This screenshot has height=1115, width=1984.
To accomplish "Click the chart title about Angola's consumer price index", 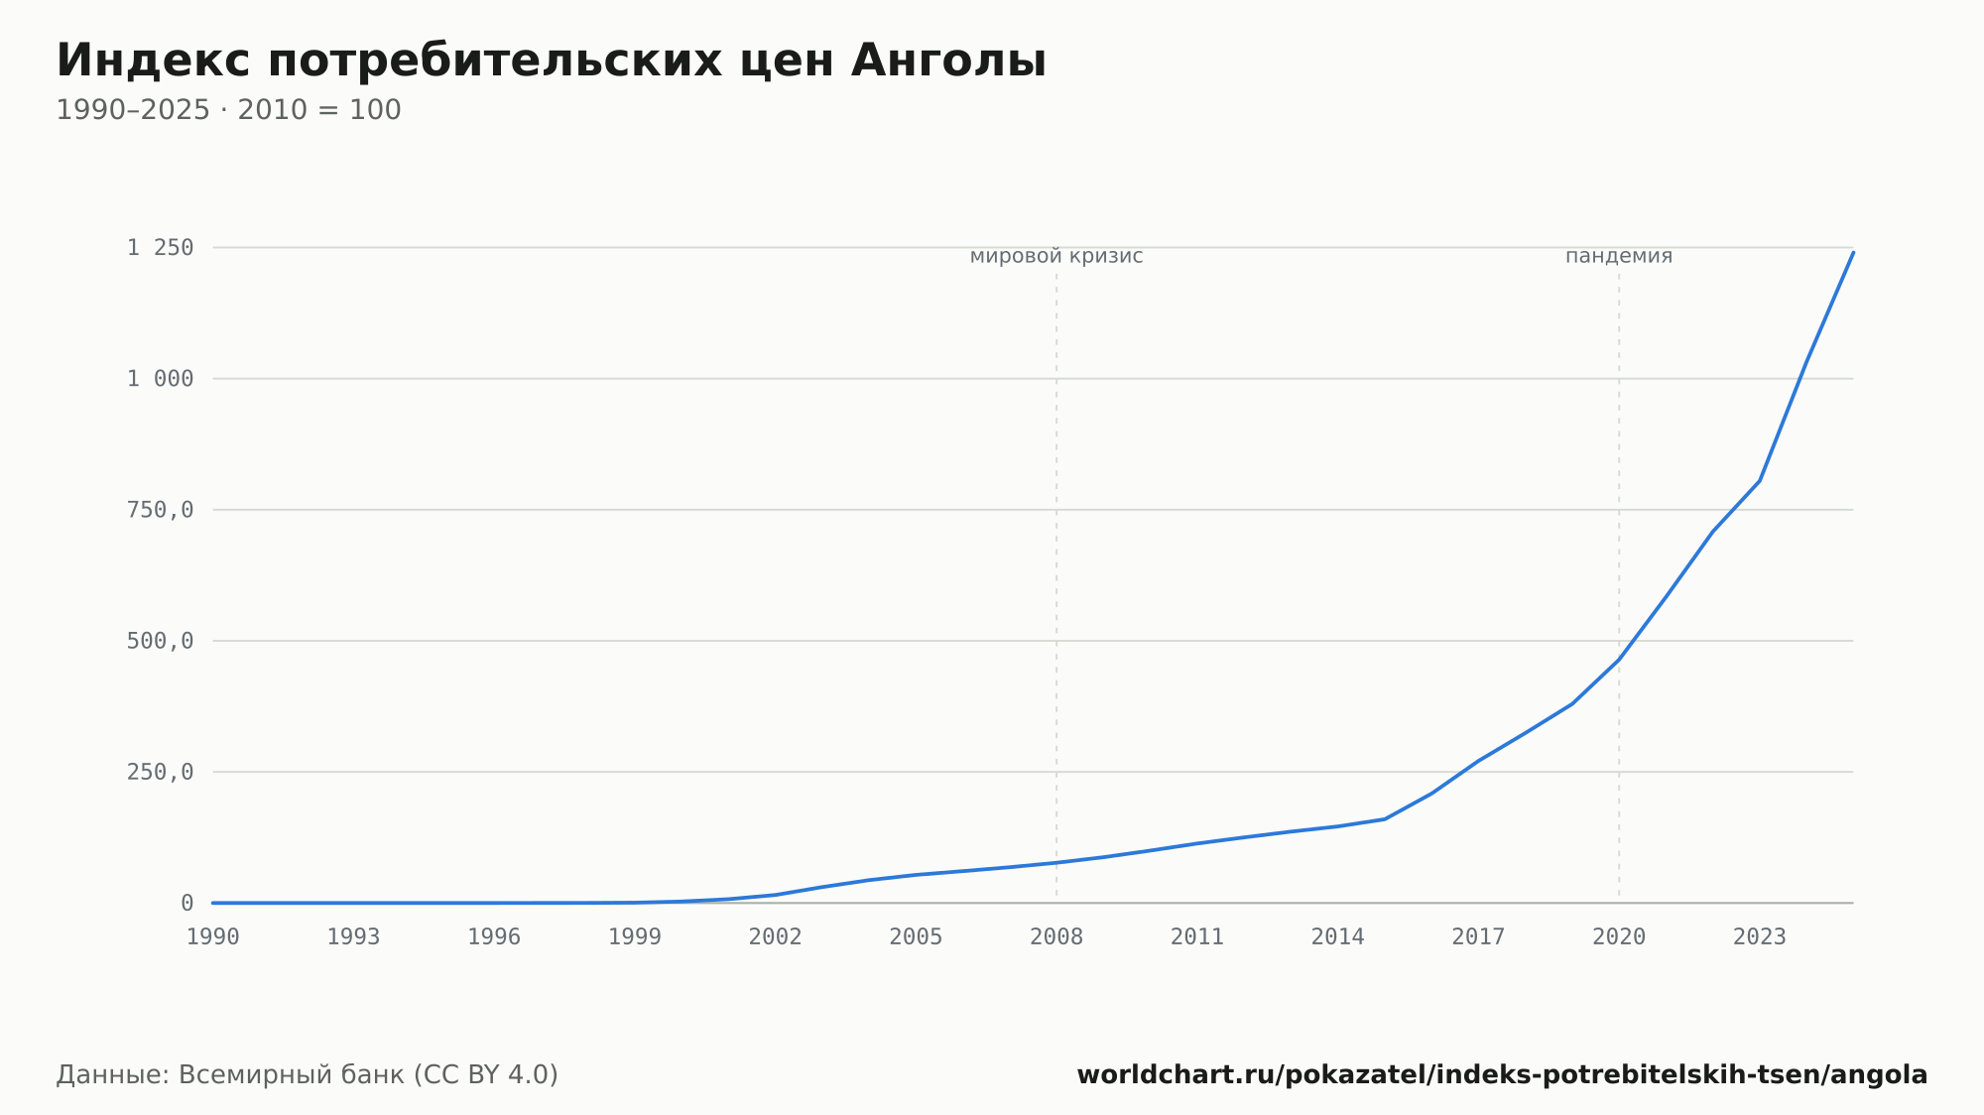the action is pyautogui.click(x=552, y=61).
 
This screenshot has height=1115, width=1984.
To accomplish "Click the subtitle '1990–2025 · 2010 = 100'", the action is pyautogui.click(x=228, y=110).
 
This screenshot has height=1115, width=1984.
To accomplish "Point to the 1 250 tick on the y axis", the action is pyautogui.click(x=160, y=248).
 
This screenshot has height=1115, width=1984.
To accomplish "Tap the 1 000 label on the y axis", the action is pyautogui.click(x=160, y=379).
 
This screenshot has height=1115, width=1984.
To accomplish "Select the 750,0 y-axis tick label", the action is pyautogui.click(x=160, y=510).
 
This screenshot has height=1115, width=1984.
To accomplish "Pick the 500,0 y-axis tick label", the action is pyautogui.click(x=160, y=641).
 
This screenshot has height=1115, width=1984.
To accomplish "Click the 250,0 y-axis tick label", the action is pyautogui.click(x=160, y=772).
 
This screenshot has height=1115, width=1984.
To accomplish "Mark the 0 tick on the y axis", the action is pyautogui.click(x=187, y=904).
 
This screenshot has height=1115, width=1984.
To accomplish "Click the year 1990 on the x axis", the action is pyautogui.click(x=213, y=937).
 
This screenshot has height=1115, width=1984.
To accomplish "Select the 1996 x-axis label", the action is pyautogui.click(x=494, y=937).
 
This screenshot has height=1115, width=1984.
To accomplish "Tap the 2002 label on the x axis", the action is pyautogui.click(x=776, y=937).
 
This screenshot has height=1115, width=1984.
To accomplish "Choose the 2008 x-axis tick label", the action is pyautogui.click(x=1056, y=937).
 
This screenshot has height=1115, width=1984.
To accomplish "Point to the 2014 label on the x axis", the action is pyautogui.click(x=1338, y=937).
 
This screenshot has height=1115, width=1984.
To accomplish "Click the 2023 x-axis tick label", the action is pyautogui.click(x=1760, y=937).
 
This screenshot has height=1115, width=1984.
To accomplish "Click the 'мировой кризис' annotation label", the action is pyautogui.click(x=1056, y=257).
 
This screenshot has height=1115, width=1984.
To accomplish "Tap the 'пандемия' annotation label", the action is pyautogui.click(x=1619, y=257).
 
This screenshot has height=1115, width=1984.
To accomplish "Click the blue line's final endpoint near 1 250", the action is pyautogui.click(x=1853, y=252).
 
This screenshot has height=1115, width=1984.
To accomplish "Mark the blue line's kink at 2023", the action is pyautogui.click(x=1760, y=481).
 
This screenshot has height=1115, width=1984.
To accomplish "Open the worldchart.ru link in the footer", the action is pyautogui.click(x=1502, y=1075).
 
